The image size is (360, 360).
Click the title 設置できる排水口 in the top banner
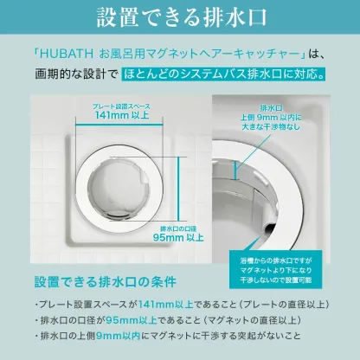pos(180,18)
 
